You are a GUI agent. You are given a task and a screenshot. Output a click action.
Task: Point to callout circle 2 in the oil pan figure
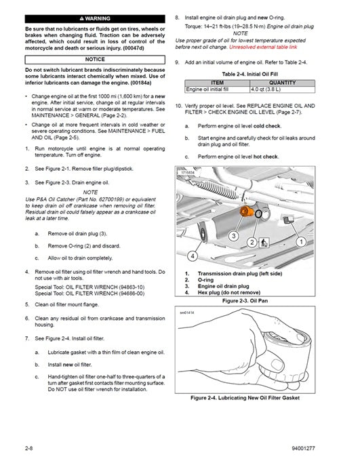(x=252, y=241)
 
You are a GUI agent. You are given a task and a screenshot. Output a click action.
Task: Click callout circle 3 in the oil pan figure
(x=232, y=235)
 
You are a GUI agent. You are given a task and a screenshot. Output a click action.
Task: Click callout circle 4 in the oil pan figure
(x=192, y=256)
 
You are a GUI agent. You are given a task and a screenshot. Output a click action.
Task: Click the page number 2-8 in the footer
(x=28, y=448)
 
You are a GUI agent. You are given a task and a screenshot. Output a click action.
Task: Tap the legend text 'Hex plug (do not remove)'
(x=237, y=292)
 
